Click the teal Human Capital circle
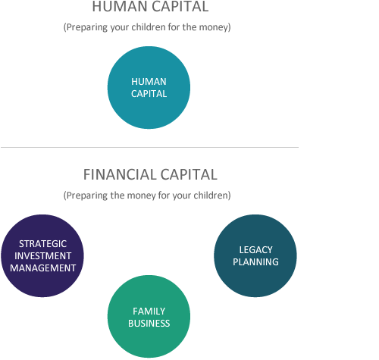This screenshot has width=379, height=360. tap(149, 88)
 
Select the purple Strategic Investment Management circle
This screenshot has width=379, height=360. tap(42, 255)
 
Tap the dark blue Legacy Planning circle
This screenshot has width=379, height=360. tap(255, 255)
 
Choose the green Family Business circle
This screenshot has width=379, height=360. tap(149, 316)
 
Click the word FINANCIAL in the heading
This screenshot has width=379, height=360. tap(120, 174)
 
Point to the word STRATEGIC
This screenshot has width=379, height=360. tap(42, 244)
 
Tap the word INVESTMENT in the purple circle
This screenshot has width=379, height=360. tap(42, 256)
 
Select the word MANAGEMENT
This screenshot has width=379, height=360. tap(42, 268)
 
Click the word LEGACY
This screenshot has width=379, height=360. tap(255, 250)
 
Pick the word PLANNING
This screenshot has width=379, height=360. tap(255, 262)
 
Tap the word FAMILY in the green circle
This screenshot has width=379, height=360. tap(149, 311)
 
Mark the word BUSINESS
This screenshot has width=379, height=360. tap(149, 324)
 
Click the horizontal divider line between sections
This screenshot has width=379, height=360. tap(149, 147)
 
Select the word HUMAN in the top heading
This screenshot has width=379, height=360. tap(120, 7)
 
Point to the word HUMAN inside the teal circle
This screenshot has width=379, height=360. tap(149, 82)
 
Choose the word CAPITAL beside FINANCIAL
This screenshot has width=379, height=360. tap(189, 174)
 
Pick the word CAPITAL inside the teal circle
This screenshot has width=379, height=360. tap(149, 94)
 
